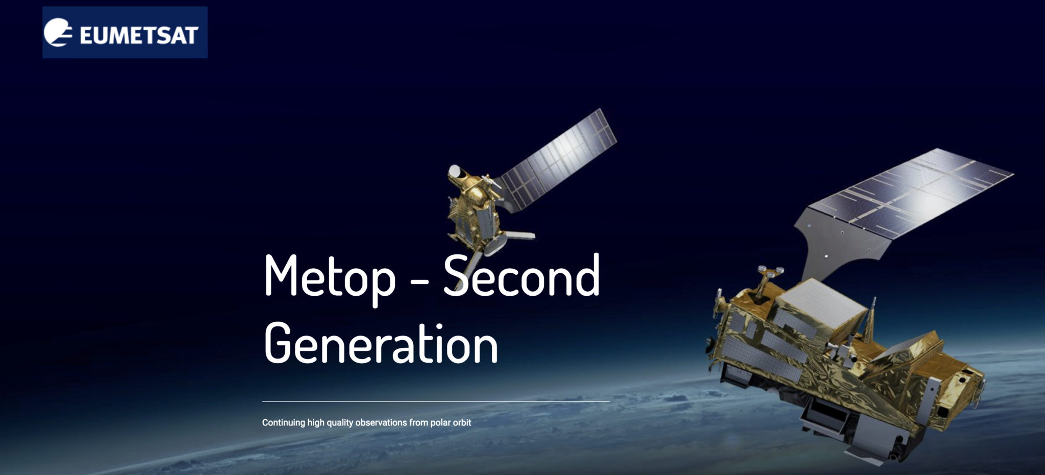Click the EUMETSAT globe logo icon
tap(58, 32)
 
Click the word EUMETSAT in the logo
tap(139, 35)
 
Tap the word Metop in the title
tap(329, 277)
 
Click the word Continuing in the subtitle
tap(283, 423)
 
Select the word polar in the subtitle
tap(439, 423)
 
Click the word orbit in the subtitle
tap(461, 423)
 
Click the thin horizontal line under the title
tap(436, 402)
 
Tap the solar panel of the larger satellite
tap(908, 194)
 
